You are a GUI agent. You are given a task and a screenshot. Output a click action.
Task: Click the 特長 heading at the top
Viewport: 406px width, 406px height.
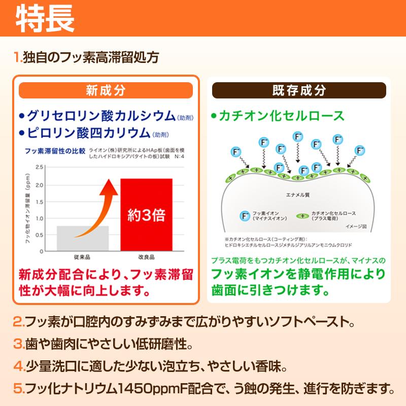point(45,19)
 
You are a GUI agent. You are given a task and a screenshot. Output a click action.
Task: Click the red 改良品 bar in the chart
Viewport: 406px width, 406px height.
point(146,214)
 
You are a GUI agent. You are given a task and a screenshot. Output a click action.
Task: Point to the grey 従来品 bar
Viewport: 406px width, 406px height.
point(83,238)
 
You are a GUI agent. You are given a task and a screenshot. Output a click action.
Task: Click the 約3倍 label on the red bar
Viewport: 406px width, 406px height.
point(146,215)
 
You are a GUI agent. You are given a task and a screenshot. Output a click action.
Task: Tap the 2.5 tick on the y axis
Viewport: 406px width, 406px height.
point(40,167)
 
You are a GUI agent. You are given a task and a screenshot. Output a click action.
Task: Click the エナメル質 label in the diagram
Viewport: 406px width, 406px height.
point(294,194)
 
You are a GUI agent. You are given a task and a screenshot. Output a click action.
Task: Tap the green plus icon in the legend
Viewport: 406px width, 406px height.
point(303,215)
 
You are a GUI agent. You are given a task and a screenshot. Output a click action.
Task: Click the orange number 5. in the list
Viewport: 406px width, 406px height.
point(19,390)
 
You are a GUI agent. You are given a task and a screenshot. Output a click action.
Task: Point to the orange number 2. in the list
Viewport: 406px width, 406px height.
point(19,322)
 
